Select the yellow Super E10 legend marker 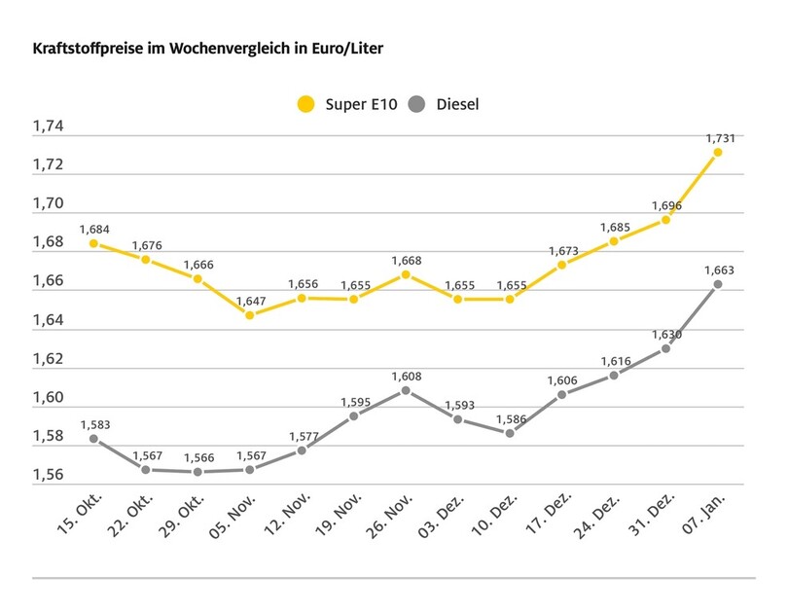point(307,103)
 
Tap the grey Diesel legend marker point(418,103)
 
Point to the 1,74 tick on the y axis point(48,126)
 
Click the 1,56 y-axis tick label point(48,476)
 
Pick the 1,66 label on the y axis point(48,281)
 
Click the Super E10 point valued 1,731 point(717,152)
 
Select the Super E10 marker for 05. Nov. point(249,315)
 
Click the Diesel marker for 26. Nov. point(406,390)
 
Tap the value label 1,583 point(93,423)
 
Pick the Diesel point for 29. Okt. point(197,472)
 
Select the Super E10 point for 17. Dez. point(561,265)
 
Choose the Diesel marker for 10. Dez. point(510,433)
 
